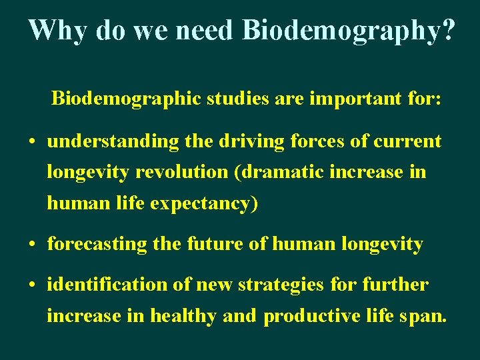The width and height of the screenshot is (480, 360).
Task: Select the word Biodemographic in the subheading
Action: [127, 99]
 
